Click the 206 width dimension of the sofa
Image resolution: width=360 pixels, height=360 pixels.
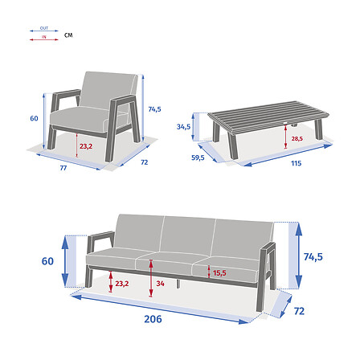pos(153,318)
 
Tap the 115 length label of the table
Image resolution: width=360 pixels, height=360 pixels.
pos(296,164)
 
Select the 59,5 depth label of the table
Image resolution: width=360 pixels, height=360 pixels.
pos(198,157)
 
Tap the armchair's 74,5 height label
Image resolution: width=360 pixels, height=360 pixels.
pos(155,109)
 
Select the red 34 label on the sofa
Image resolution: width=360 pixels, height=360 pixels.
pos(161,283)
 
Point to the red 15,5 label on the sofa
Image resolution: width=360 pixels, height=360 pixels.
pos(219,273)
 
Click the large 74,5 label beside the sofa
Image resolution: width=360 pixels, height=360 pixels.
pos(313,256)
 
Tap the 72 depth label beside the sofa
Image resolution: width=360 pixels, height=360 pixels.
pos(299,309)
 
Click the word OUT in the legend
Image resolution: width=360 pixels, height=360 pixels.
pos(44,28)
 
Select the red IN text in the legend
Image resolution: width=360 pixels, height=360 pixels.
pos(44,37)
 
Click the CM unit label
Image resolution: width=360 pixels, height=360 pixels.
pos(68,35)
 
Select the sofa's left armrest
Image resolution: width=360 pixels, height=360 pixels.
pos(100,239)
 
